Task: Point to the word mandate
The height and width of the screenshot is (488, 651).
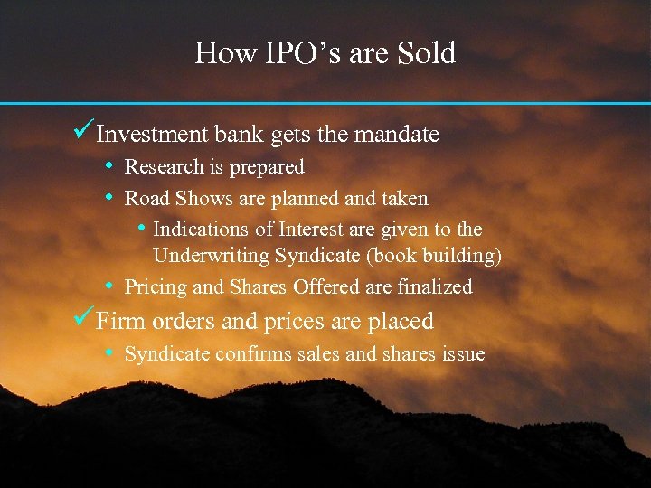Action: tap(397, 135)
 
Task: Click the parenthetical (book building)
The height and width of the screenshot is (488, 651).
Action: tap(434, 257)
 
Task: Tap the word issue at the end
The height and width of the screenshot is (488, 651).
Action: tap(461, 354)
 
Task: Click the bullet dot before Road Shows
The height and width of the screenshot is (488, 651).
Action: tap(108, 197)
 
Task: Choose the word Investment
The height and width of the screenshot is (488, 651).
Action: tap(152, 135)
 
